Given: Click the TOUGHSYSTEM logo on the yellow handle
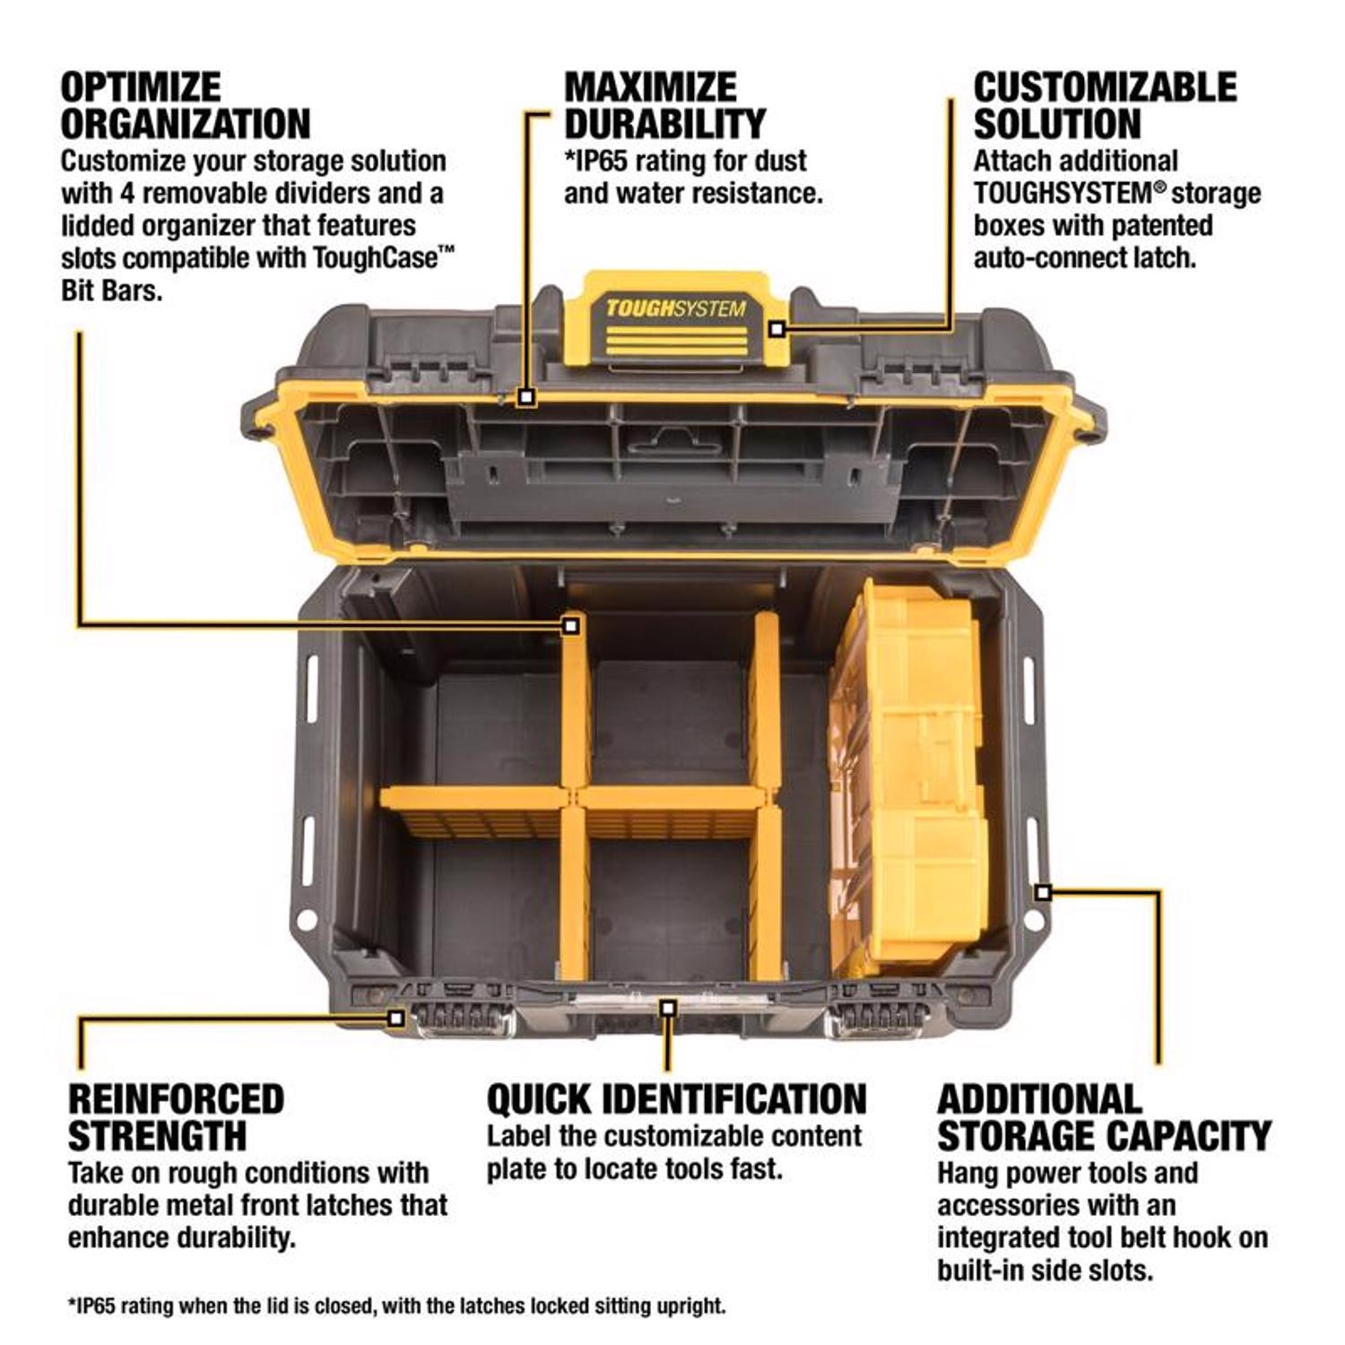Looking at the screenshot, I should tap(675, 309).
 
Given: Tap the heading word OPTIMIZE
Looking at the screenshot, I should tap(141, 88).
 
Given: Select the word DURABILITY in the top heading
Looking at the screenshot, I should tap(664, 124).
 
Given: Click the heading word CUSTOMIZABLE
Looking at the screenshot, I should tap(1105, 88).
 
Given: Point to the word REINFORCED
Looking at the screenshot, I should tap(176, 1099).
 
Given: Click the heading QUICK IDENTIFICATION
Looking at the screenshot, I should tap(676, 1099).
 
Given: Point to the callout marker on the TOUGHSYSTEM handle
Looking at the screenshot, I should tap(777, 329).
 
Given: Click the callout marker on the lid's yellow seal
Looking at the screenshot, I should tap(527, 395).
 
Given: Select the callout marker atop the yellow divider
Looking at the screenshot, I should tap(570, 625).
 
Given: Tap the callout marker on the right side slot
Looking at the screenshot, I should tap(1042, 891).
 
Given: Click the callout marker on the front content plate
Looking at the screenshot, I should tap(667, 1008).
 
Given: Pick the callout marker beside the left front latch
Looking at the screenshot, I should tap(395, 1018).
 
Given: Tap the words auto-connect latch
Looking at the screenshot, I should tap(1085, 258).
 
